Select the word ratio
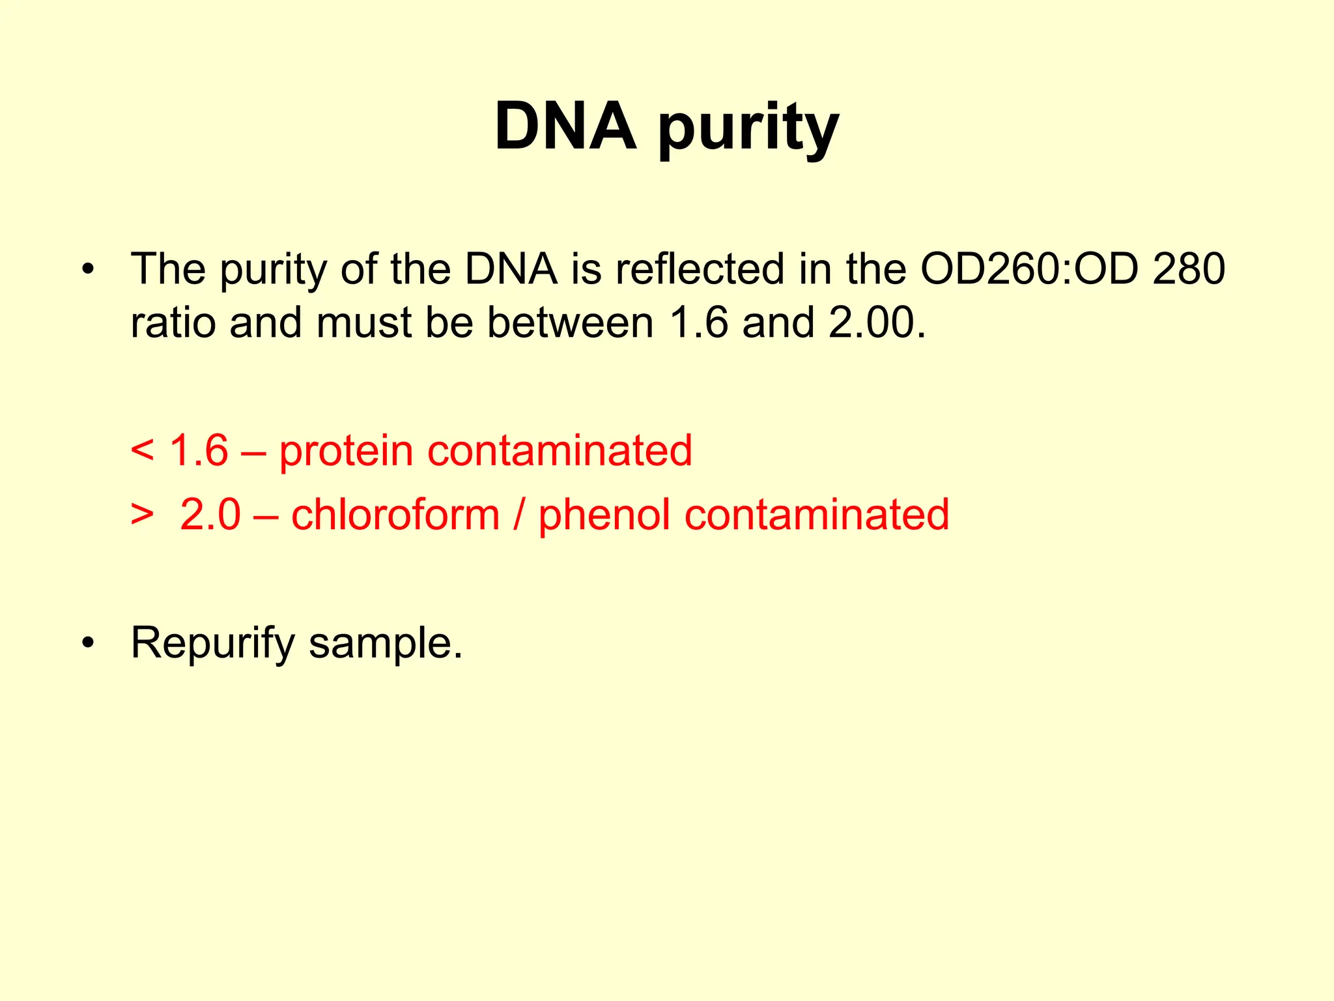(173, 323)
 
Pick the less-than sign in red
(142, 451)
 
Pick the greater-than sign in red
(142, 515)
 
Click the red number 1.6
(199, 450)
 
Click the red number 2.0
(210, 514)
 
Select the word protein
(346, 452)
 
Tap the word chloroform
(395, 514)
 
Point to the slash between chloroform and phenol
(518, 514)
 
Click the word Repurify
(213, 644)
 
